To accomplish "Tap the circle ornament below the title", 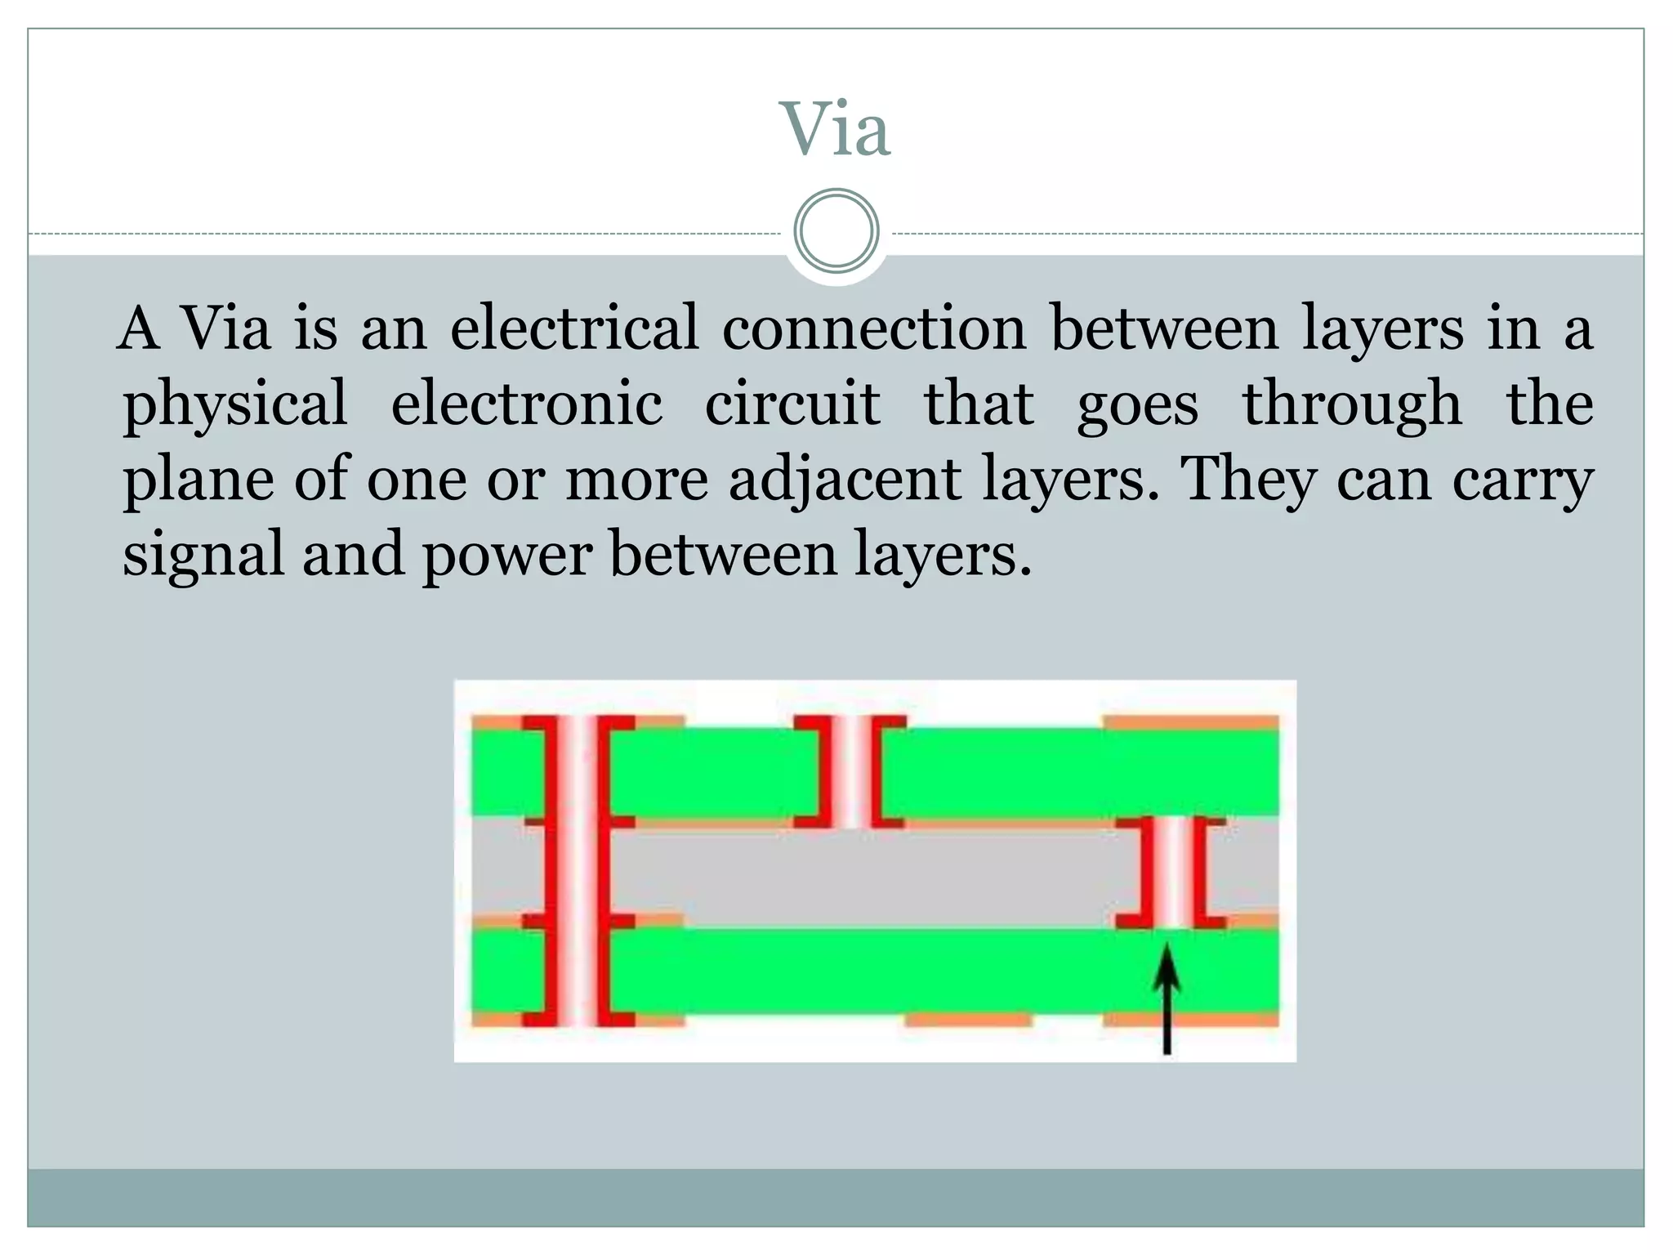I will tap(836, 231).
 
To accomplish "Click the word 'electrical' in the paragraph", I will tap(574, 328).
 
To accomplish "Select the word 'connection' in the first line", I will tap(873, 328).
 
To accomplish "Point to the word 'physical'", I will tap(235, 404).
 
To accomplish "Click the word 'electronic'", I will tap(527, 404).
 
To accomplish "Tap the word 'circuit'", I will tap(792, 404).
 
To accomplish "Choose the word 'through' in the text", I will tap(1352, 404).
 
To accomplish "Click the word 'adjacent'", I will tap(845, 480).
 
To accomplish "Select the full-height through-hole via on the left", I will tap(578, 870).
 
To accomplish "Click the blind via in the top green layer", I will tap(850, 771).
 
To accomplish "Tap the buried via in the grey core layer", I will tap(1171, 872).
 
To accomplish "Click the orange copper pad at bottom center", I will tap(969, 1020).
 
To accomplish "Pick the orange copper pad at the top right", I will tap(1190, 721).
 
